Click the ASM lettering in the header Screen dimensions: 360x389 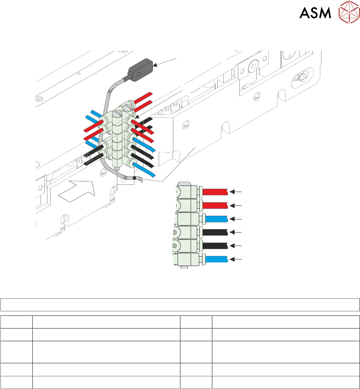pos(315,13)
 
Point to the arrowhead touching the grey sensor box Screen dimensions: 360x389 pos(157,64)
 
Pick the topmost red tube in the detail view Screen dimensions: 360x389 pos(216,192)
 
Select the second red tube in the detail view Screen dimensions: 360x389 pos(216,205)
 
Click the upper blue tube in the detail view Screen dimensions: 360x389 pos(216,219)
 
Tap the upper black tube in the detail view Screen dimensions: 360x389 pos(216,232)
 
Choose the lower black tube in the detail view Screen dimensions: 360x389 pos(216,246)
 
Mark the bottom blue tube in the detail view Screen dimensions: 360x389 pos(216,259)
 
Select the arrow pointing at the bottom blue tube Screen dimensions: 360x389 pos(236,259)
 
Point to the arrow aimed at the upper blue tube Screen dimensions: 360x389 pos(236,219)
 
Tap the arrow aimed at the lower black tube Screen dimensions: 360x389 pos(236,246)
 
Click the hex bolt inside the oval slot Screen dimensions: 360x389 pos(303,77)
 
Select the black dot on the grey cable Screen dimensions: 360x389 pos(134,178)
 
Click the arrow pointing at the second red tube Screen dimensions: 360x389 pos(236,205)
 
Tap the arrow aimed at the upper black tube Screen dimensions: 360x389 pos(236,232)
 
